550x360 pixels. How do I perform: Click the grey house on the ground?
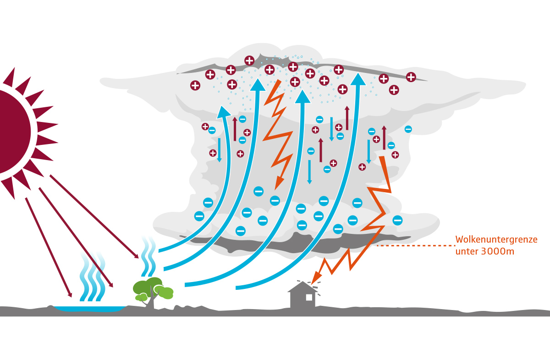pyautogui.click(x=303, y=296)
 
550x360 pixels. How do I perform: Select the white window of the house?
pyautogui.click(x=309, y=297)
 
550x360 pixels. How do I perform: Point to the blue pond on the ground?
pyautogui.click(x=89, y=308)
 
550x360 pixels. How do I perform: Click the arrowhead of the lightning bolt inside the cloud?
pyautogui.click(x=278, y=183)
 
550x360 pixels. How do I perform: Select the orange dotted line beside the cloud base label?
pyautogui.click(x=415, y=246)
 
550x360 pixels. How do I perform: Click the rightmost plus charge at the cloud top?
pyautogui.click(x=411, y=77)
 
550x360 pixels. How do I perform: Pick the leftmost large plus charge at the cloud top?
pyautogui.click(x=195, y=85)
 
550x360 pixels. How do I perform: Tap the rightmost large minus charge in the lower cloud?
pyautogui.click(x=397, y=220)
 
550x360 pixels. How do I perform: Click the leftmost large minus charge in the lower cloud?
pyautogui.click(x=199, y=216)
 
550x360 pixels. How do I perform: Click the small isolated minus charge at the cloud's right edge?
pyautogui.click(x=408, y=129)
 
